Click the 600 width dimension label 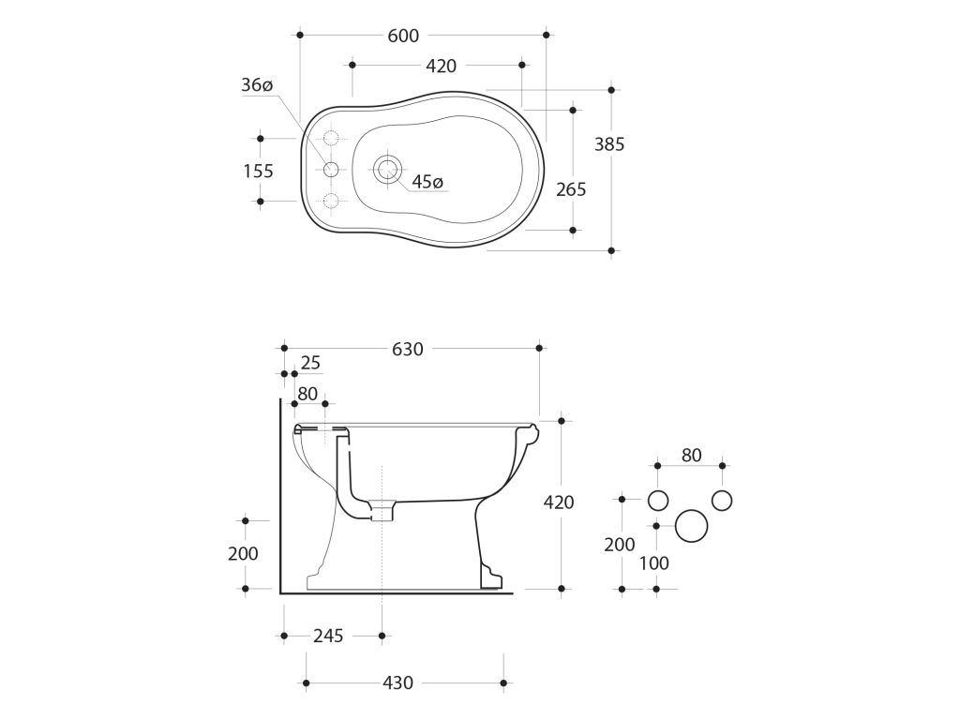[x=403, y=37]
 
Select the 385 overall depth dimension [x=609, y=144]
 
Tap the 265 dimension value [x=571, y=189]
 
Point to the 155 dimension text [x=259, y=172]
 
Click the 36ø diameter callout [x=257, y=85]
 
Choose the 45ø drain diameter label [x=427, y=182]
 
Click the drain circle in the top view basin [x=387, y=169]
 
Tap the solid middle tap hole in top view [x=331, y=170]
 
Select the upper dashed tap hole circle [x=331, y=139]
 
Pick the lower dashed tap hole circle [x=331, y=201]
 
